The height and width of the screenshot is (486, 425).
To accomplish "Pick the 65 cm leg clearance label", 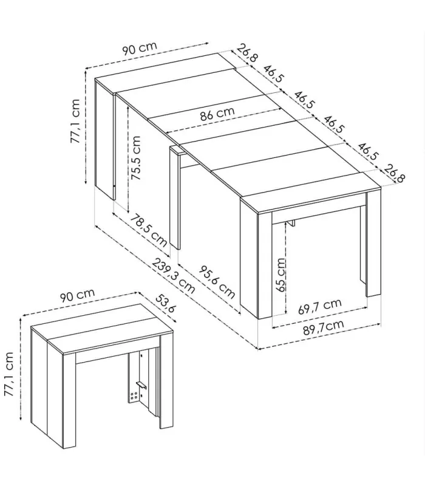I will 280,275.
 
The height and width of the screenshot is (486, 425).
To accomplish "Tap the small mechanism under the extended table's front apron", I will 291,224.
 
